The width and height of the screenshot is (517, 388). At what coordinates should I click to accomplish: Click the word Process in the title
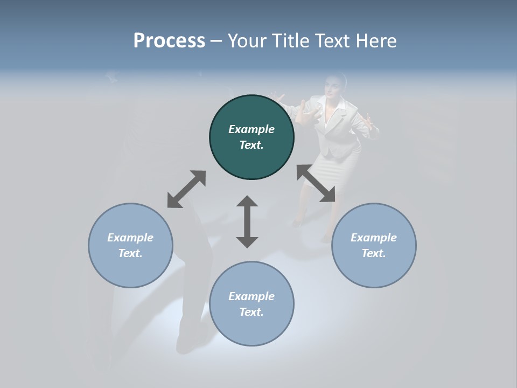point(169,41)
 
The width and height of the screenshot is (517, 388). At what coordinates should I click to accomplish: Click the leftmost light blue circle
point(130,245)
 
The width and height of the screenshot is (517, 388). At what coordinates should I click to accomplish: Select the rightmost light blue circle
point(374,245)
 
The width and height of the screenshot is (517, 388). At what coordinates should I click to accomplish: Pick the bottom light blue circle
point(251,303)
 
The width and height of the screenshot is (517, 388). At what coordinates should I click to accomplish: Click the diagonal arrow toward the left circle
point(186,189)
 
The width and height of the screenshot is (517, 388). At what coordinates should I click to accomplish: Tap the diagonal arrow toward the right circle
point(316,184)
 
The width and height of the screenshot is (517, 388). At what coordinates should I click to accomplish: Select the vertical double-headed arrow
point(247,221)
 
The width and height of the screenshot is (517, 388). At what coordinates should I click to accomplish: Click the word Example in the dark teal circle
point(251,129)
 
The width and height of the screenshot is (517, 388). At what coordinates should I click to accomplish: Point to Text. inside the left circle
point(130,253)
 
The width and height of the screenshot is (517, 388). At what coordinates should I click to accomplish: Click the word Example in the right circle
point(374,238)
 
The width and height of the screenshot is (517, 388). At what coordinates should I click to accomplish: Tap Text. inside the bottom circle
point(251,312)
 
